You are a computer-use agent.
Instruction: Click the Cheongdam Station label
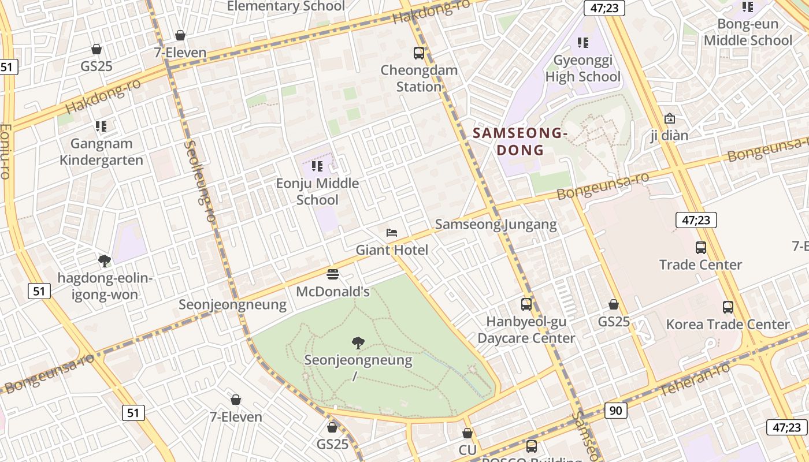[419, 79]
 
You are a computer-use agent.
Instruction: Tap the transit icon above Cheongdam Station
[419, 53]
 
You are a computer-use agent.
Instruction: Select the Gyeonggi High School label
[582, 68]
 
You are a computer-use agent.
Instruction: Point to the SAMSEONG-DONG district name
[521, 141]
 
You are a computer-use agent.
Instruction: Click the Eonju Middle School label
[317, 192]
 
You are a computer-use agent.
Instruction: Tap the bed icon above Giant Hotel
[392, 233]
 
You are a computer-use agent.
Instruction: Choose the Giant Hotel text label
[392, 250]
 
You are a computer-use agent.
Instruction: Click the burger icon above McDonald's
[332, 274]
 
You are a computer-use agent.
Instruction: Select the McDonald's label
[332, 292]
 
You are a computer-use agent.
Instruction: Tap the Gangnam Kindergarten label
[102, 152]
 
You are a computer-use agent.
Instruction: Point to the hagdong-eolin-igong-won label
[105, 286]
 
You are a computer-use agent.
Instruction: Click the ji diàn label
[669, 136]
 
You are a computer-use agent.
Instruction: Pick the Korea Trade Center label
[728, 325]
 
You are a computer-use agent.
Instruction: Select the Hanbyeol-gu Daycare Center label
[526, 330]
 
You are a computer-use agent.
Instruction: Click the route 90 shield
[616, 411]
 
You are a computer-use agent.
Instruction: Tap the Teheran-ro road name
[694, 380]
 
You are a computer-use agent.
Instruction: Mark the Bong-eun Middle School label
[748, 32]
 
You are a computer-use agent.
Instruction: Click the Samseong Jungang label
[496, 225]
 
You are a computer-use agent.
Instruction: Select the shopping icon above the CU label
[467, 433]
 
